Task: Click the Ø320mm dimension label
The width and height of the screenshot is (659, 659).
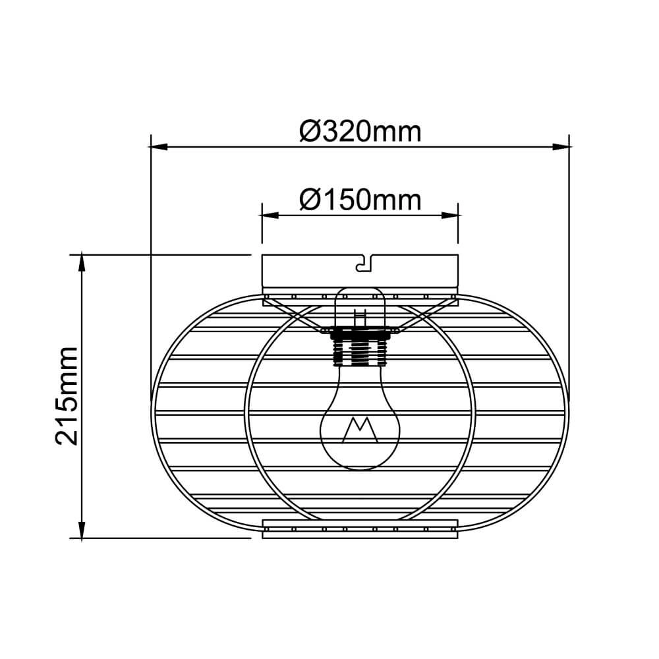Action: pos(360,131)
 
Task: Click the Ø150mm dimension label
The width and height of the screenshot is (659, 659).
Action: pos(360,199)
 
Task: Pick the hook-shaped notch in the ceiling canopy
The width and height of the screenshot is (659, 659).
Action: pos(362,264)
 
